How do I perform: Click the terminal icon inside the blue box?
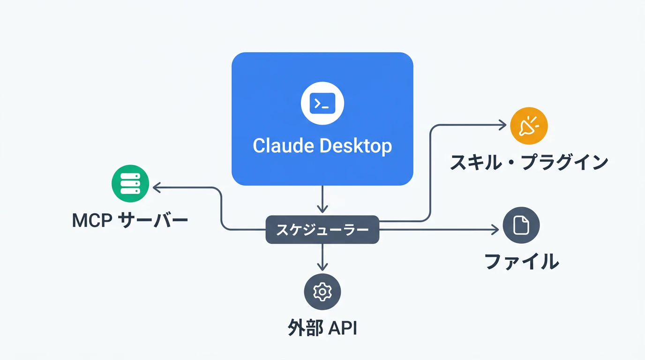click(x=322, y=104)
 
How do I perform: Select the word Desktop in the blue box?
click(x=356, y=146)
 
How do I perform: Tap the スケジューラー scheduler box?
click(x=322, y=230)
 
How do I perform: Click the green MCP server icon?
click(x=130, y=183)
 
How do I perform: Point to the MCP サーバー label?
click(x=130, y=220)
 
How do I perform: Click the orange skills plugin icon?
click(x=529, y=126)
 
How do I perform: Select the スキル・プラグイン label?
click(x=529, y=163)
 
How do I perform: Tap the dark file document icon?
click(x=521, y=225)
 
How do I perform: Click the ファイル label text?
click(x=521, y=262)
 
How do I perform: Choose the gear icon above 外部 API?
click(x=322, y=292)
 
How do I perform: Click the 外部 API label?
click(x=322, y=329)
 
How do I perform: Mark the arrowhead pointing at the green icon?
click(x=157, y=188)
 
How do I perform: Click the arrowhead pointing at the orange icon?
click(x=503, y=125)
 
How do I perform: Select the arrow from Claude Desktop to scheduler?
click(x=322, y=199)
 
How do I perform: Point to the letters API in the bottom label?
click(x=343, y=329)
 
